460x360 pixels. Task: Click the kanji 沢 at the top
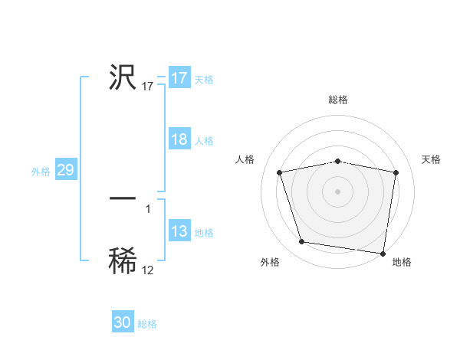123,77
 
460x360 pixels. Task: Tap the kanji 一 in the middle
123,198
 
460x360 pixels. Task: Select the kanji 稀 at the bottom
123,260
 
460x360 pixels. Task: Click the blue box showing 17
179,78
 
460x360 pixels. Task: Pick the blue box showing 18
179,140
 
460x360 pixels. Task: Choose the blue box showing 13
179,232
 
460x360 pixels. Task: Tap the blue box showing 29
65,171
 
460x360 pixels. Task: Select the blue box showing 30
123,322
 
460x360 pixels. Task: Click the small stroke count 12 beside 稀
147,270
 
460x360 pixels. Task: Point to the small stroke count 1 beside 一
147,208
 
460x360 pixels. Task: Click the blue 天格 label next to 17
203,80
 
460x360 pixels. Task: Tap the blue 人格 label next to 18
203,141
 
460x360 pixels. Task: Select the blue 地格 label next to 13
203,233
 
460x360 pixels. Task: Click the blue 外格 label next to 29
41,172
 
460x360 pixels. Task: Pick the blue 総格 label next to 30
147,324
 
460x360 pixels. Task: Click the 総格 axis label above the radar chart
337,100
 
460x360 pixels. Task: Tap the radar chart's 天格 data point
396,172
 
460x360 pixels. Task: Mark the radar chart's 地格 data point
383,253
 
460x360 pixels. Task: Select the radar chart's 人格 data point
280,172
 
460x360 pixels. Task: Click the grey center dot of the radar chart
337,191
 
